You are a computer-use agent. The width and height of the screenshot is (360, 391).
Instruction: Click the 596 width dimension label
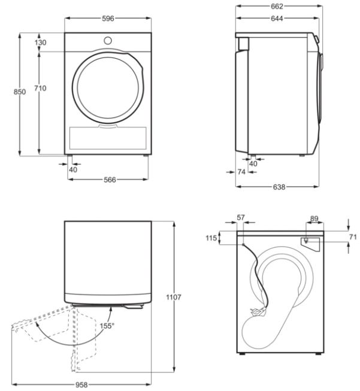(x=108, y=19)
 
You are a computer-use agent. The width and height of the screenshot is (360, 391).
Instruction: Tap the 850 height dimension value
(x=19, y=92)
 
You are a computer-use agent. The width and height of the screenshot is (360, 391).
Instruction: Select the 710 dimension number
(x=40, y=88)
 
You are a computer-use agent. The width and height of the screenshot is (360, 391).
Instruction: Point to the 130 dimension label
(x=40, y=43)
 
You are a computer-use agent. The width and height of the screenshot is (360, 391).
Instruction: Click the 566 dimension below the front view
(x=110, y=180)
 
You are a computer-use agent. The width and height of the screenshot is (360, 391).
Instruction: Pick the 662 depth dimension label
(x=277, y=7)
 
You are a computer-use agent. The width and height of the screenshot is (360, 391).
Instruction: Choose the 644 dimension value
(x=277, y=19)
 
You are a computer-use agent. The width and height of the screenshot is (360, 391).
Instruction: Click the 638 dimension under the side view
(x=279, y=187)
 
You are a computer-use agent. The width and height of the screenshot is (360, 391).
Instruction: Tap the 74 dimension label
(x=241, y=172)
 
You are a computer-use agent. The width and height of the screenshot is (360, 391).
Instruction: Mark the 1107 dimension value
(x=174, y=297)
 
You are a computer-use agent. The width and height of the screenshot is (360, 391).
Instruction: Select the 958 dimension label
(x=81, y=385)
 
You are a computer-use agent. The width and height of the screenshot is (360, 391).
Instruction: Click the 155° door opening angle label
(x=107, y=326)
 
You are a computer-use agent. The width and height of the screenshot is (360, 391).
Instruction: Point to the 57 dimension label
(x=241, y=218)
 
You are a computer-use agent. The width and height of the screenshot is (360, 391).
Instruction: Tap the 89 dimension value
(x=314, y=219)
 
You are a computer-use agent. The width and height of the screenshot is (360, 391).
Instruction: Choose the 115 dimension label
(x=211, y=238)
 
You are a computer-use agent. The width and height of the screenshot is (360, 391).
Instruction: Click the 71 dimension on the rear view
(x=353, y=237)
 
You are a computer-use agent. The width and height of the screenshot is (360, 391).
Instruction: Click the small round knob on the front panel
(x=108, y=41)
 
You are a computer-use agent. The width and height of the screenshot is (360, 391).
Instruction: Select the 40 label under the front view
(x=73, y=170)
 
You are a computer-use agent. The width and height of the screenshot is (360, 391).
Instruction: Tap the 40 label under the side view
(x=253, y=164)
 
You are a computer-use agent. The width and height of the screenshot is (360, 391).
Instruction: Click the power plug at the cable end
(x=258, y=311)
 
